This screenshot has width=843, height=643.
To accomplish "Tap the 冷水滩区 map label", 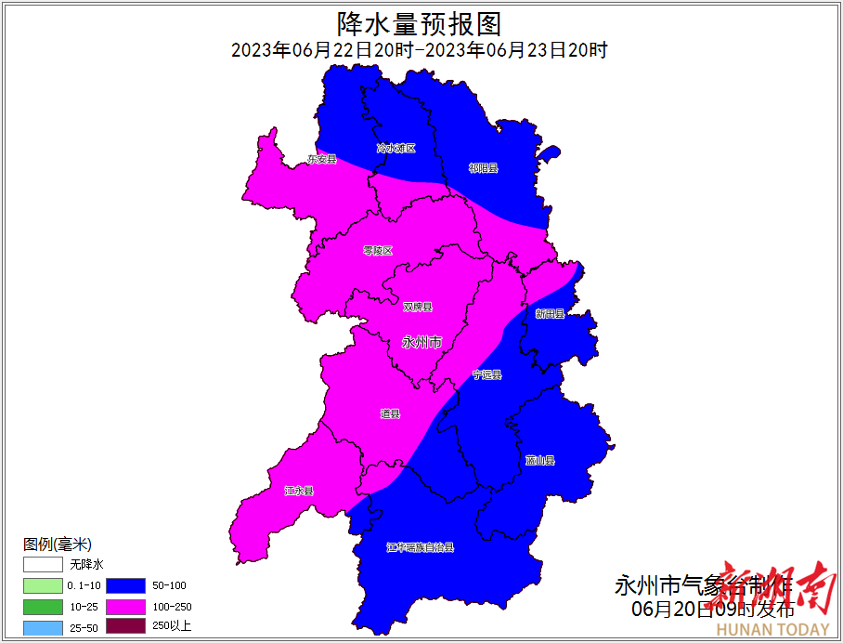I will [396, 148].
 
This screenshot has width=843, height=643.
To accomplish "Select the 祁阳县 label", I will [483, 168].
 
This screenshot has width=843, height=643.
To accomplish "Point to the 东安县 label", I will [321, 160].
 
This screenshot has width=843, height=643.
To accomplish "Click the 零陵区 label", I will [378, 251].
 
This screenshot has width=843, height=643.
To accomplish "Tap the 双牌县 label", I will [418, 307].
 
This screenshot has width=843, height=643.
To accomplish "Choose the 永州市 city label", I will [421, 342].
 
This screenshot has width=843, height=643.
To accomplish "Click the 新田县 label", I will [550, 314].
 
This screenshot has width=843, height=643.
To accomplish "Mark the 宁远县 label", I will [486, 374].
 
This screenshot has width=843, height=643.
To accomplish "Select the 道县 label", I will [390, 413].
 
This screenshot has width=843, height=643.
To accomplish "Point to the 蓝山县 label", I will [539, 460].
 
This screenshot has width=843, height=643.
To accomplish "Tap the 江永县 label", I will [299, 491].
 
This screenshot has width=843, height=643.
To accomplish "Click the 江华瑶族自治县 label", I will [421, 547].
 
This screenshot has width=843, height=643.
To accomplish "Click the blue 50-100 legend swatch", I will [125, 585].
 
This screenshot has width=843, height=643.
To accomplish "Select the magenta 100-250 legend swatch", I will [125, 606].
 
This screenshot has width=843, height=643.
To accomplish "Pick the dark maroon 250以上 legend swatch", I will [125, 626].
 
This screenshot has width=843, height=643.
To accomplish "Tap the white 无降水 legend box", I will [43, 564].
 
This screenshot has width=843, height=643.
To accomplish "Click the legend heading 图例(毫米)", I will [58, 544].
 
